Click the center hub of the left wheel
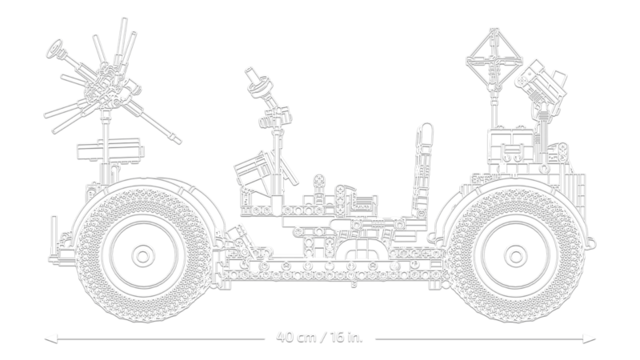(142, 256)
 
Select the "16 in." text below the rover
(344, 338)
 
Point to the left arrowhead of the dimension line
(50, 338)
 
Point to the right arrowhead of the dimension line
(590, 338)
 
